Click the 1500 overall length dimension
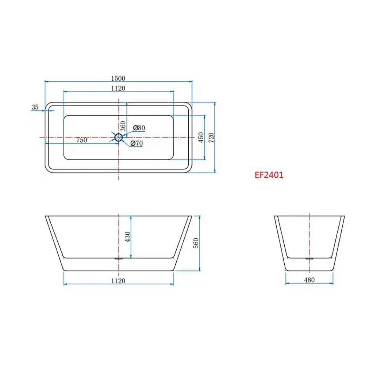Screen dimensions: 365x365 [x=118, y=78]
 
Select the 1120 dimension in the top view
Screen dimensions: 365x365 [x=118, y=88]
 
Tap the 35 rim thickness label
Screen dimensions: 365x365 [x=35, y=107]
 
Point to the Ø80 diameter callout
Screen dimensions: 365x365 [x=139, y=128]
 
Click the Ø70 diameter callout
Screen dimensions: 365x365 [x=137, y=143]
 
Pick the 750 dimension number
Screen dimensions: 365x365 [x=82, y=140]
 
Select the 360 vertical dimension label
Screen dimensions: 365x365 [x=123, y=126]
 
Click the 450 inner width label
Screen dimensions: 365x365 [x=201, y=137]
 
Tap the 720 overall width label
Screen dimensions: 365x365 [x=211, y=138]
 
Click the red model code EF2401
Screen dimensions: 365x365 [x=269, y=175]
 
